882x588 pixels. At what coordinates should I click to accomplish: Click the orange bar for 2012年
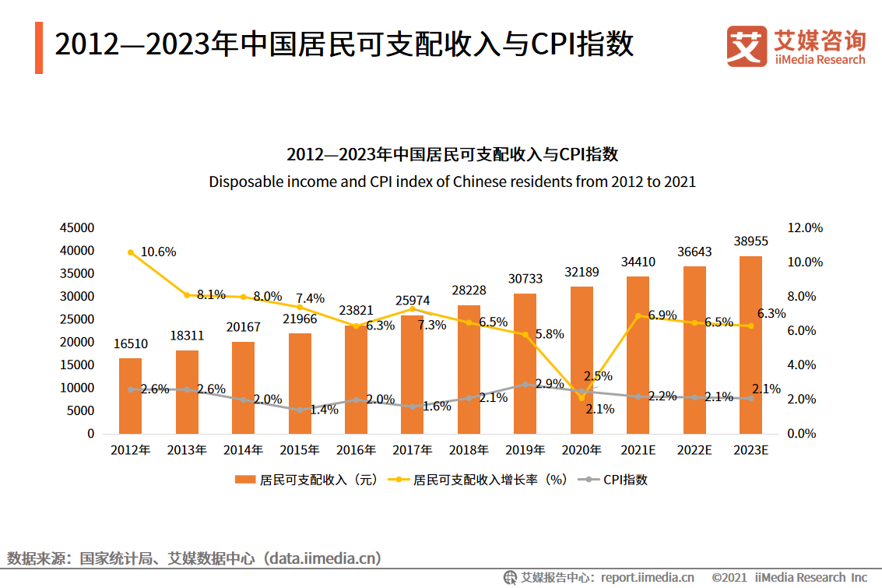130,396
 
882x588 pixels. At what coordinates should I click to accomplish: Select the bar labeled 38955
750,344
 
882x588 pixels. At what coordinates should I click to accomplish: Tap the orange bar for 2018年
469,369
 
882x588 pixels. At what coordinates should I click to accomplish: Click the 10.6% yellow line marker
131,252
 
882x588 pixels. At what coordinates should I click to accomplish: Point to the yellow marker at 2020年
582,398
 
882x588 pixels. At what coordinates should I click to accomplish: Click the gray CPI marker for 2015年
300,410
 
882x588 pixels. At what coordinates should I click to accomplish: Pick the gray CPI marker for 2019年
525,384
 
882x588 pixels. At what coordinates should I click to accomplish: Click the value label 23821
356,310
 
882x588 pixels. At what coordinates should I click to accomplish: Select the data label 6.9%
662,315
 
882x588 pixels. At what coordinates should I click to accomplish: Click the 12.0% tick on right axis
805,228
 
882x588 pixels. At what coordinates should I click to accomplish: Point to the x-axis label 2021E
638,450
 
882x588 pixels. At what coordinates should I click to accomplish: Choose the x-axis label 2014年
243,450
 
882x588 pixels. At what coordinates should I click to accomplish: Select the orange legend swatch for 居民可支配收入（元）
245,480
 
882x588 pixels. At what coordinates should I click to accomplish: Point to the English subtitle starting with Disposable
452,182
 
